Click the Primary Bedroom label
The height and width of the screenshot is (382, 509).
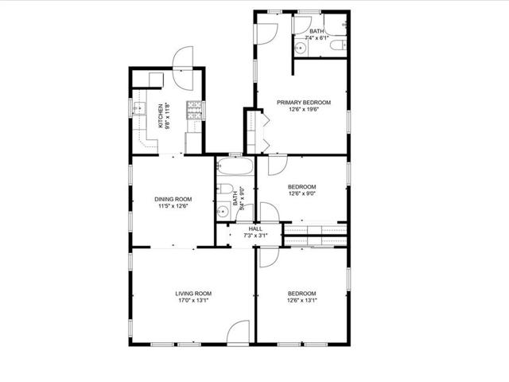[x=304, y=103]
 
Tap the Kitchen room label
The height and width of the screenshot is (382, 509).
[x=161, y=116]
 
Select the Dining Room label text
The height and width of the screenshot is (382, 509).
[x=173, y=199]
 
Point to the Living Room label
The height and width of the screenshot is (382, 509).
[x=193, y=294]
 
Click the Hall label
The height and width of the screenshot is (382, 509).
[x=255, y=229]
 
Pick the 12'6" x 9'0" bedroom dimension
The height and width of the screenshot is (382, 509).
[x=302, y=193]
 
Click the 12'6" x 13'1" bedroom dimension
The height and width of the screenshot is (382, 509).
[x=302, y=301]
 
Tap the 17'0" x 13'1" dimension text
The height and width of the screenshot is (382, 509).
[x=193, y=301]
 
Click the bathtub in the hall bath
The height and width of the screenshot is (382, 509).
[x=235, y=166]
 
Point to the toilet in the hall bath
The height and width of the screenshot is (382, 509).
[x=225, y=189]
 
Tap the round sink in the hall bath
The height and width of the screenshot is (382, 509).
[x=223, y=212]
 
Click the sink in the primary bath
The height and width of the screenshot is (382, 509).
[x=301, y=49]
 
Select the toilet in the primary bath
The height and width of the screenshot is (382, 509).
[x=338, y=45]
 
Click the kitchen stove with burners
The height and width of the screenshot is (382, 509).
[x=194, y=110]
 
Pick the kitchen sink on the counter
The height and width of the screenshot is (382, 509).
[x=140, y=108]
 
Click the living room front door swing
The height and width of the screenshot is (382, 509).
[x=238, y=331]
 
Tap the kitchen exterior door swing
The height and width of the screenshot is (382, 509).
[x=183, y=68]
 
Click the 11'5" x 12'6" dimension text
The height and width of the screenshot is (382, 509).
[x=173, y=206]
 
